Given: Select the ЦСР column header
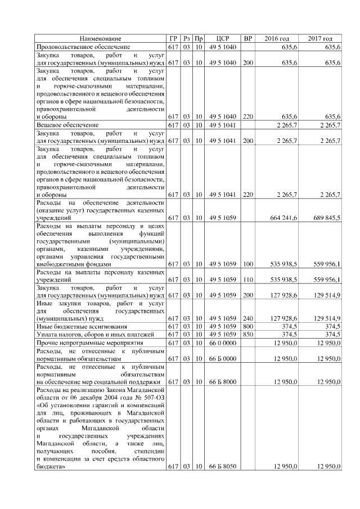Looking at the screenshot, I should click(221, 38).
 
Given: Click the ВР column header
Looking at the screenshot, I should click(247, 38).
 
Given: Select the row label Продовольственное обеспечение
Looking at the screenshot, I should click(83, 47).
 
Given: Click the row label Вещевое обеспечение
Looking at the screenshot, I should click(67, 124).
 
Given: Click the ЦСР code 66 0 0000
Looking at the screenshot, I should click(221, 342).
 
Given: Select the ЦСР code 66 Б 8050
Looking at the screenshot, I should click(221, 466).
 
